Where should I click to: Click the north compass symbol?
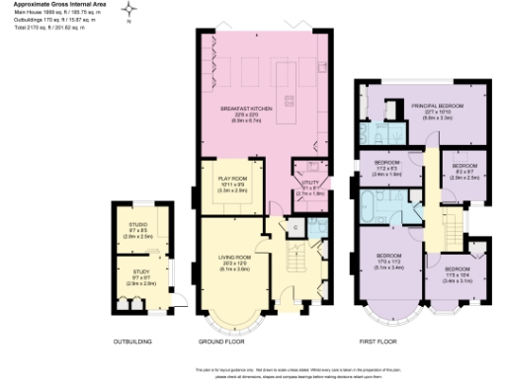pos(130,11)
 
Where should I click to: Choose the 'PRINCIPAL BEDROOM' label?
pos(437,107)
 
